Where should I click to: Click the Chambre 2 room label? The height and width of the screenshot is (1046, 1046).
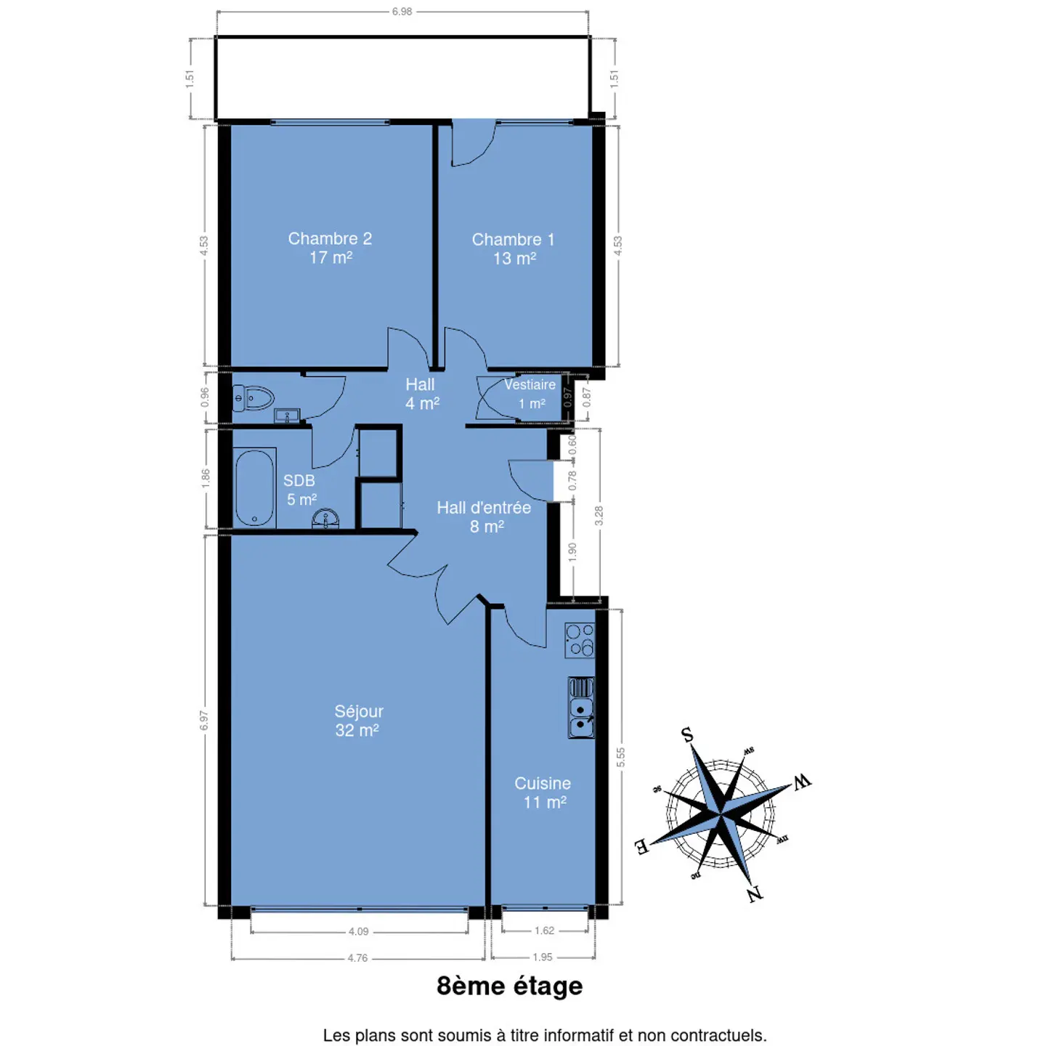330,248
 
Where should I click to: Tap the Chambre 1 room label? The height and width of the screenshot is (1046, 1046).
513,248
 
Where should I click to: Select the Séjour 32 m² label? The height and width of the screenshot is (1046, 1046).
358,721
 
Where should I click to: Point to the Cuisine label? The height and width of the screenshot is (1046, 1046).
543,783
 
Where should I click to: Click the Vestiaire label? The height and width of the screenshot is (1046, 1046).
530,384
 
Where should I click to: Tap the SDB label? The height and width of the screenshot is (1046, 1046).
299,480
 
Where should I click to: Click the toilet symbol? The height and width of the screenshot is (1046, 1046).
253,399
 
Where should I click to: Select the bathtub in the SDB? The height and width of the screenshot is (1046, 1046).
254,487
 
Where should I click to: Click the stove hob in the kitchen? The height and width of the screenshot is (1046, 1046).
580,640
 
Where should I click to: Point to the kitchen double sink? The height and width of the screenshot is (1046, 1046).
581,708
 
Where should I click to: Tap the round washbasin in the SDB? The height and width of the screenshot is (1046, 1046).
325,519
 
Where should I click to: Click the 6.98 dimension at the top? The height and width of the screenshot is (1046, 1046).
402,12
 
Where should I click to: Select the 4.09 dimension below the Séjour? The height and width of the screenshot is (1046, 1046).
358,931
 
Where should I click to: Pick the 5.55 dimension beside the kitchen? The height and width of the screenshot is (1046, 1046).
621,757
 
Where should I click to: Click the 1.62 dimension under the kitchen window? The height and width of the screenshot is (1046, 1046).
545,931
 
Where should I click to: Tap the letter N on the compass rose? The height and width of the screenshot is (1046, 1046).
755,894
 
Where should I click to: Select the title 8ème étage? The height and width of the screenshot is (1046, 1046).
509,986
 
